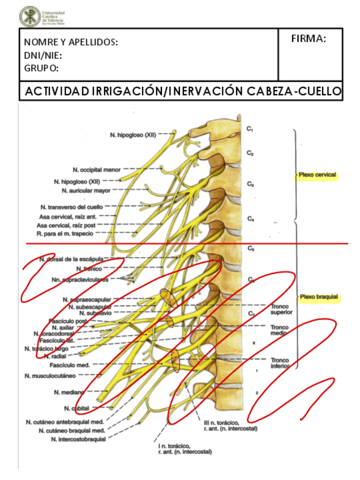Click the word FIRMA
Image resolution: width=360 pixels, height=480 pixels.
point(308,38)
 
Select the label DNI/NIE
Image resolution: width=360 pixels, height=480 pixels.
point(43,55)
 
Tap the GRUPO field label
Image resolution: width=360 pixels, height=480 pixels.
point(42,68)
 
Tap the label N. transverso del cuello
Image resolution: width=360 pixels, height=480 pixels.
point(72,207)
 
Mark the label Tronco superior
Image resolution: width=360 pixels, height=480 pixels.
point(281,308)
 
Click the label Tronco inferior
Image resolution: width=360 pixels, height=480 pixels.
point(280,363)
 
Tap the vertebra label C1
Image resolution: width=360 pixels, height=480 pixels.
point(250,129)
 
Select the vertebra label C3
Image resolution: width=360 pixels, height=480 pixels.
point(250,184)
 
